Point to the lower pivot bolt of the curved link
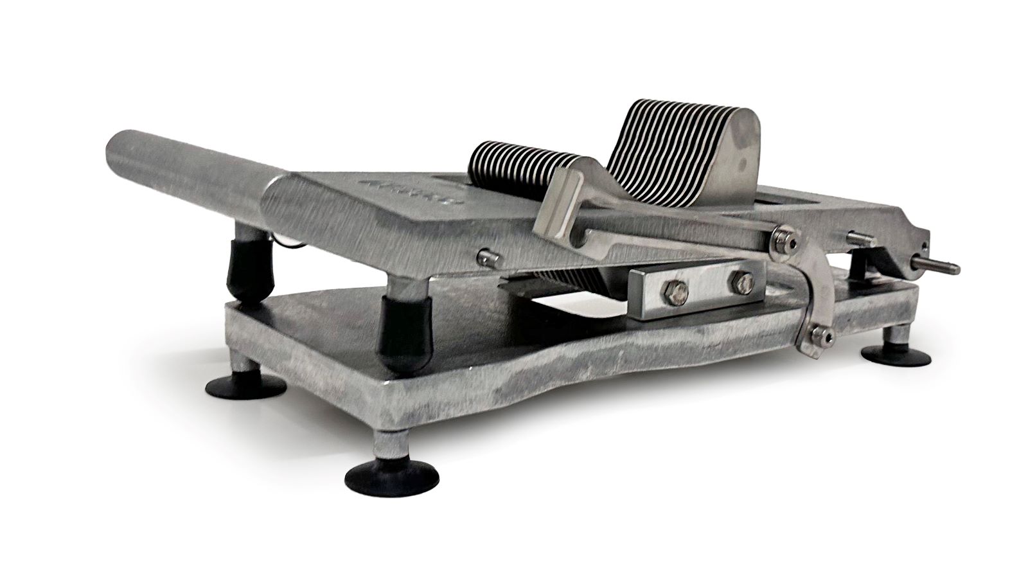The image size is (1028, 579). pyautogui.click(x=819, y=334)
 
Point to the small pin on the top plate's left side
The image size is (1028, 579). pyautogui.click(x=486, y=258)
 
